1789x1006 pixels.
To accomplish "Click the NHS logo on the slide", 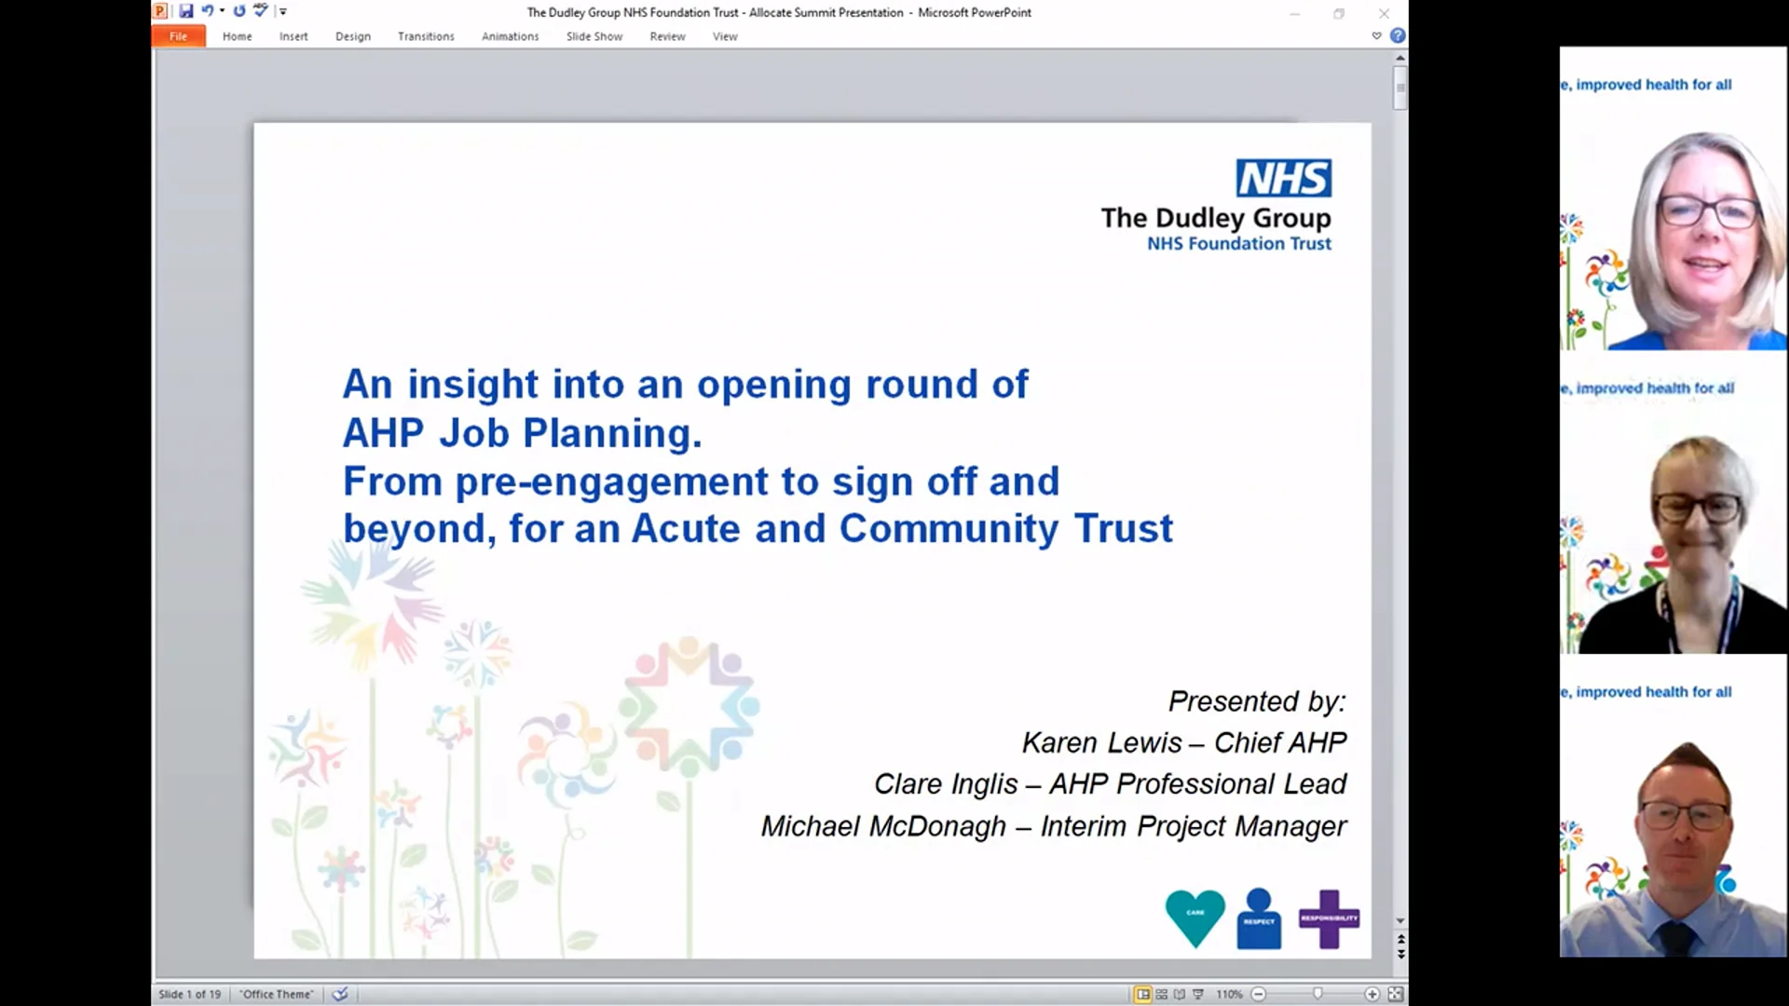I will [x=1283, y=178].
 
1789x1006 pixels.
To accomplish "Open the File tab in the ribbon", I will [x=178, y=36].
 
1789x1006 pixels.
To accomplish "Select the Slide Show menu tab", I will [x=594, y=36].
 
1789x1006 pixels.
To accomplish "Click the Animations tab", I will [x=510, y=36].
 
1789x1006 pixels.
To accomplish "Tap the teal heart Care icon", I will [x=1195, y=917].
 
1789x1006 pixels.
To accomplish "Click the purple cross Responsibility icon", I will [x=1329, y=918].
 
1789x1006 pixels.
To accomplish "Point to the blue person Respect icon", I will [x=1259, y=918].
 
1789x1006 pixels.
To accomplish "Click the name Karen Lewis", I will [x=1101, y=742].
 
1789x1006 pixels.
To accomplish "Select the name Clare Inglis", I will [x=945, y=784].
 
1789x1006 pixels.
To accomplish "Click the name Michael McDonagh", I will [x=883, y=826].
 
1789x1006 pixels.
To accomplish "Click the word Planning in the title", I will [x=611, y=433].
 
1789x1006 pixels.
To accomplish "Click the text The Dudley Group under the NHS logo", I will [x=1215, y=218].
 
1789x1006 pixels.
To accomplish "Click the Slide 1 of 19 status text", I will [x=190, y=994].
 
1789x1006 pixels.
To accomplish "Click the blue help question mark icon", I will [x=1398, y=35].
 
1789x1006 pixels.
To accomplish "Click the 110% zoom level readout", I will [x=1229, y=994].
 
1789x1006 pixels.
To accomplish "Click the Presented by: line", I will [x=1256, y=700].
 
